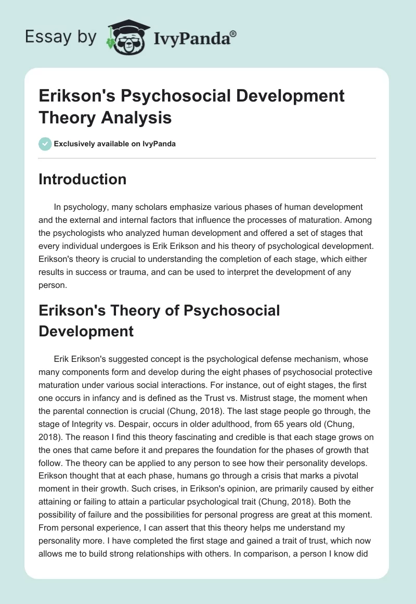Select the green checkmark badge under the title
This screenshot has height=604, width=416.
click(45, 144)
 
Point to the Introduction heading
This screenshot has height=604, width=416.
click(82, 179)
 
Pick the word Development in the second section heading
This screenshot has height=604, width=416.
click(86, 331)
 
